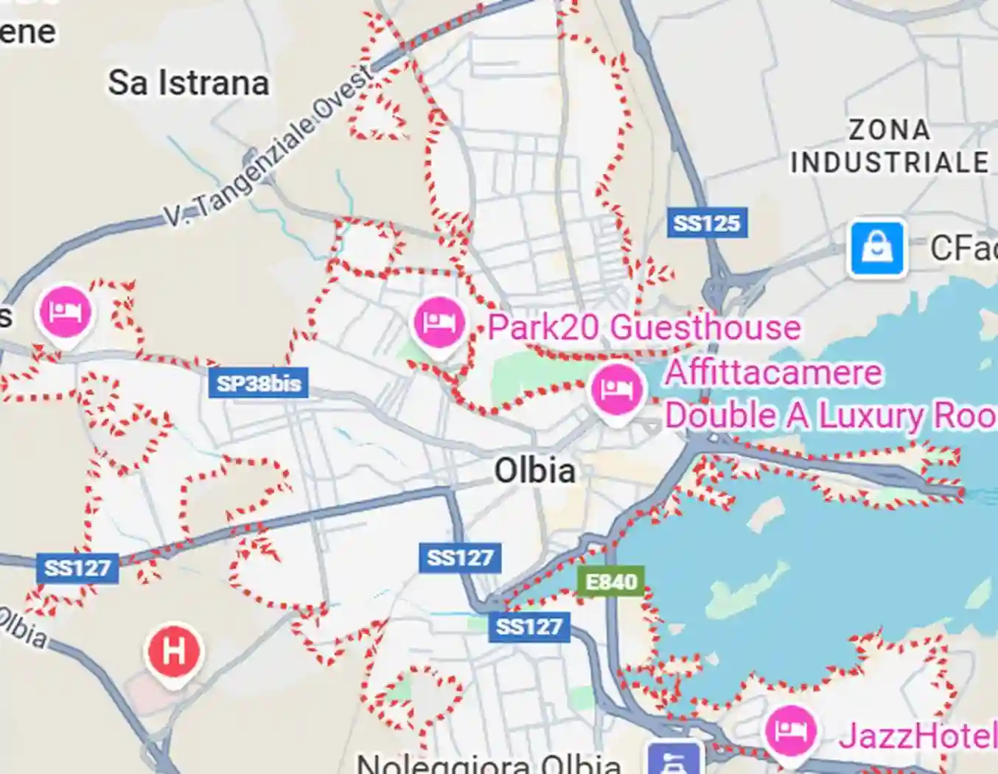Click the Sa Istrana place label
(x=188, y=83)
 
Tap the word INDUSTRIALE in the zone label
(x=890, y=162)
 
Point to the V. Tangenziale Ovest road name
(x=270, y=148)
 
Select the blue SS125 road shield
(x=707, y=223)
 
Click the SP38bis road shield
(x=258, y=383)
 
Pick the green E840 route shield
(x=611, y=582)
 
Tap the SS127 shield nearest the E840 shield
(x=528, y=627)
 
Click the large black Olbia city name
(x=534, y=470)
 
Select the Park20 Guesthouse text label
(x=644, y=327)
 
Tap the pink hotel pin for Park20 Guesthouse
(x=439, y=322)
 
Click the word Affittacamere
(x=773, y=373)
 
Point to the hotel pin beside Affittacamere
(x=617, y=388)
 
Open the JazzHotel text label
(x=918, y=736)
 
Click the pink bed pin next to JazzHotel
(x=791, y=730)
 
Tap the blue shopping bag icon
(x=876, y=248)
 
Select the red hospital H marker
(x=174, y=652)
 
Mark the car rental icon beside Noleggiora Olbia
(x=674, y=759)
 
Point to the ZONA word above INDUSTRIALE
(x=889, y=130)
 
